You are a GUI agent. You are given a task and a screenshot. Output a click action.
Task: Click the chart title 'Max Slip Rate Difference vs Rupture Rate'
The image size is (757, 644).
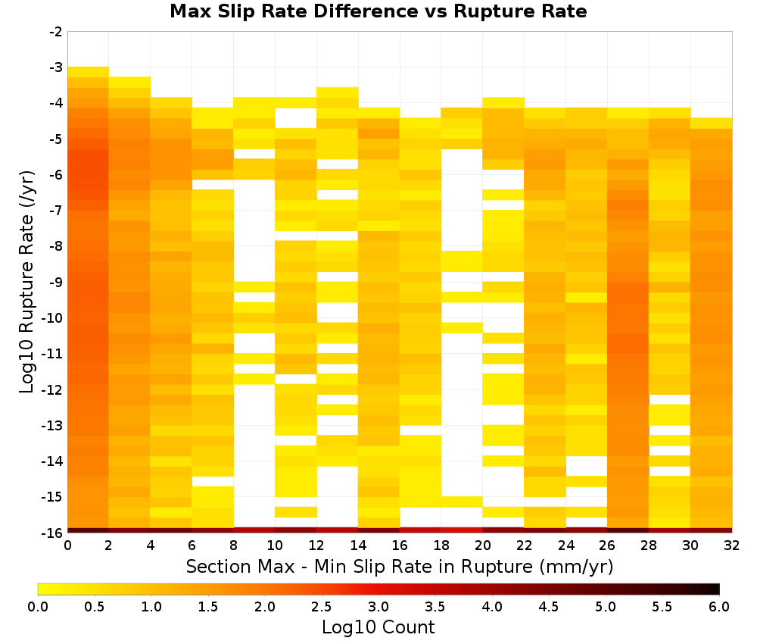pyautogui.click(x=378, y=11)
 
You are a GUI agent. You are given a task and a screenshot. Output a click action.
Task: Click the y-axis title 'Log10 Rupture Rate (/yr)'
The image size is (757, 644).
pyautogui.click(x=26, y=282)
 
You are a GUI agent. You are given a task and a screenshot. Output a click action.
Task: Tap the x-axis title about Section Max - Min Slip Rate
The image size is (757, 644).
pyautogui.click(x=399, y=566)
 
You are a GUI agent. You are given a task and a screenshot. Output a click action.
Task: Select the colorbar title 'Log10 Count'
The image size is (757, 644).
pyautogui.click(x=378, y=627)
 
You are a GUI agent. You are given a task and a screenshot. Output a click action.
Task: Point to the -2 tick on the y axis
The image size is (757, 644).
pyautogui.click(x=56, y=32)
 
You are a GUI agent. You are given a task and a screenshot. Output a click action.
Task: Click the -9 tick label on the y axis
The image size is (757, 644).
pyautogui.click(x=56, y=282)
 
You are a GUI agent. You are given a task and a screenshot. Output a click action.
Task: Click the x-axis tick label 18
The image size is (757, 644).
pyautogui.click(x=441, y=546)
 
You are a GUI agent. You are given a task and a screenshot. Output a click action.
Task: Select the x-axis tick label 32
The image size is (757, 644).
pyautogui.click(x=732, y=546)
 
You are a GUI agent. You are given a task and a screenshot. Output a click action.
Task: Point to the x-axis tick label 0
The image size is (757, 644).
pyautogui.click(x=67, y=546)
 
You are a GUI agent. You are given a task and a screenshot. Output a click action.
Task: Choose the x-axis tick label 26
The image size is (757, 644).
pyautogui.click(x=607, y=546)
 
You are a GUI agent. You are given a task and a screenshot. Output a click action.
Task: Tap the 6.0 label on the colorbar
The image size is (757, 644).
pyautogui.click(x=719, y=606)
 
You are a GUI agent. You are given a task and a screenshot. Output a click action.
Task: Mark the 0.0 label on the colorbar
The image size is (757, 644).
pyautogui.click(x=38, y=606)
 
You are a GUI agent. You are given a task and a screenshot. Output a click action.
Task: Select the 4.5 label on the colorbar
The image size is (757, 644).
pyautogui.click(x=548, y=606)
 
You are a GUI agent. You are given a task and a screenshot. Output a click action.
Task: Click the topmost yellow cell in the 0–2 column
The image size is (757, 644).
pyautogui.click(x=89, y=72)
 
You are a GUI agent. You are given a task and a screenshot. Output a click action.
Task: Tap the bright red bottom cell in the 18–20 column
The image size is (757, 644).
pyautogui.click(x=462, y=530)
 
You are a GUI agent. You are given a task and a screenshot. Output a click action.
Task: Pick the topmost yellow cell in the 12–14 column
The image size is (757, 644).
pyautogui.click(x=338, y=92)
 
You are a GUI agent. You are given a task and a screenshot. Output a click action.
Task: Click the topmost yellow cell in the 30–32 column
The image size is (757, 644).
pyautogui.click(x=711, y=123)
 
